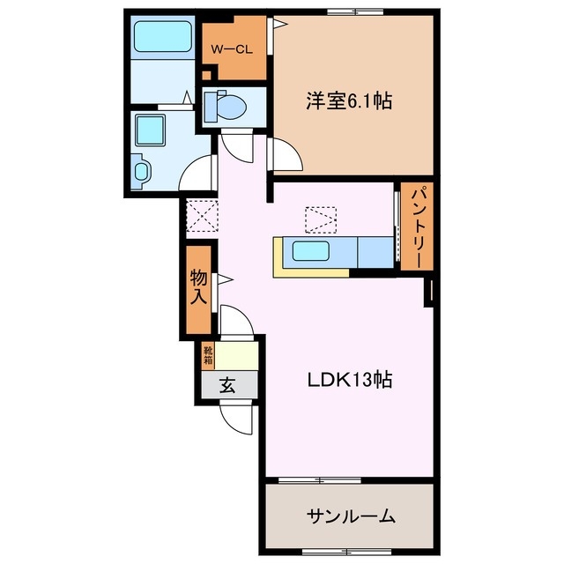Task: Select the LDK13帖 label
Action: click(349, 381)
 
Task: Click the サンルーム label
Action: click(351, 516)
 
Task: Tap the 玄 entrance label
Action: click(227, 384)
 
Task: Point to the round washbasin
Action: click(140, 170)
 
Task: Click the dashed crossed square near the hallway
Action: click(202, 214)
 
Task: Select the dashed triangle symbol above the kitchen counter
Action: click(320, 219)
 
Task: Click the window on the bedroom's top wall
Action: click(354, 11)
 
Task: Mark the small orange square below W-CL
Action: click(207, 76)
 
